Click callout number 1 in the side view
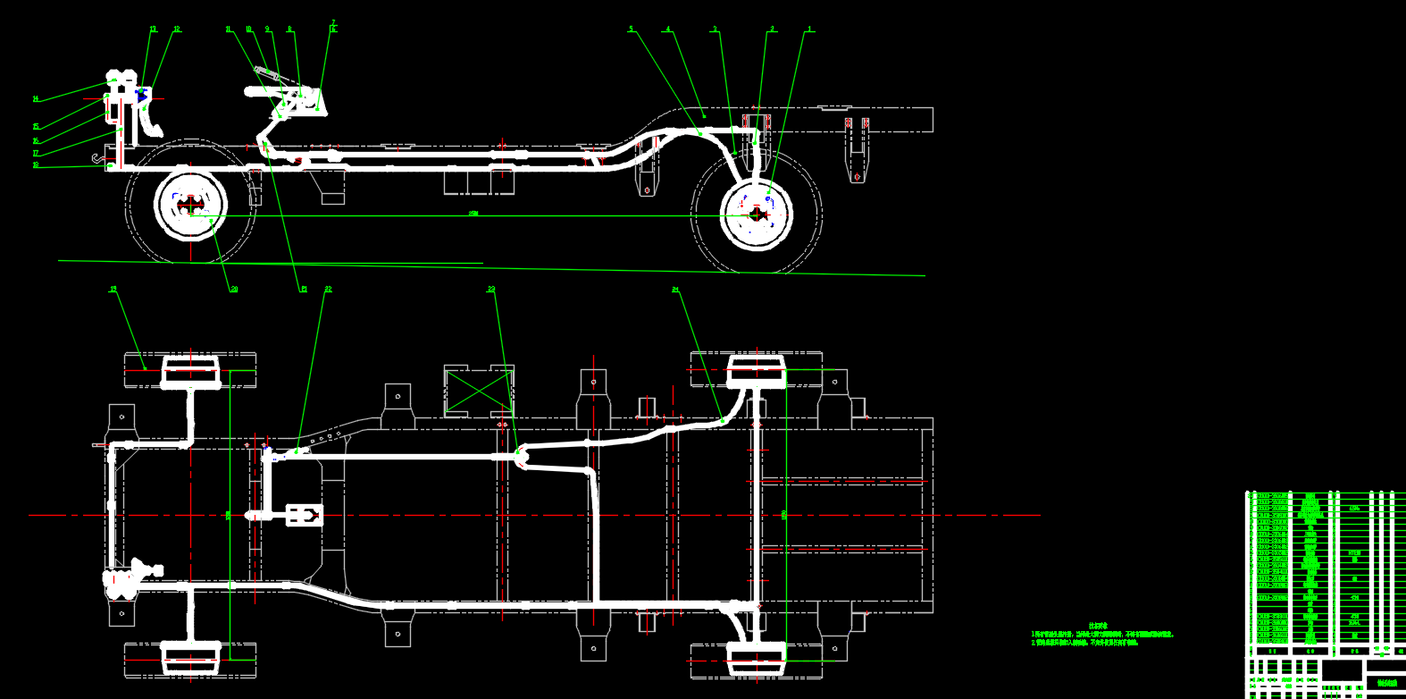810,29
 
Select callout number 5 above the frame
631,29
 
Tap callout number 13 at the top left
153,29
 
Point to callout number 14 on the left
36,99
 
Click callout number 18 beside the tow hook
36,165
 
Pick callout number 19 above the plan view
113,290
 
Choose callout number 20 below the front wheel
234,290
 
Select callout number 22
328,290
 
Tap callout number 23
491,290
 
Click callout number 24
675,290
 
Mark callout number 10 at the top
248,29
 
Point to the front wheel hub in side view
190,206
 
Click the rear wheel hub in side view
757,214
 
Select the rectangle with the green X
480,391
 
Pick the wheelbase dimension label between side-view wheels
473,214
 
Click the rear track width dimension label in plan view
784,514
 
